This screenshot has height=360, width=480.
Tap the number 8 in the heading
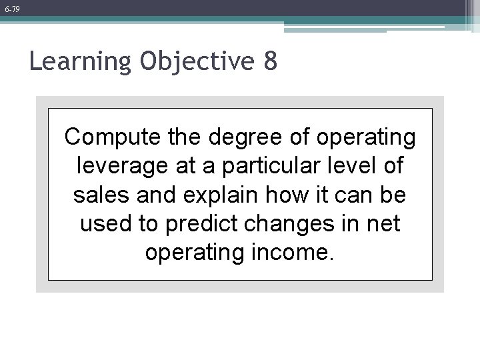(x=269, y=62)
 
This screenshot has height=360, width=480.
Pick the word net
(x=383, y=224)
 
